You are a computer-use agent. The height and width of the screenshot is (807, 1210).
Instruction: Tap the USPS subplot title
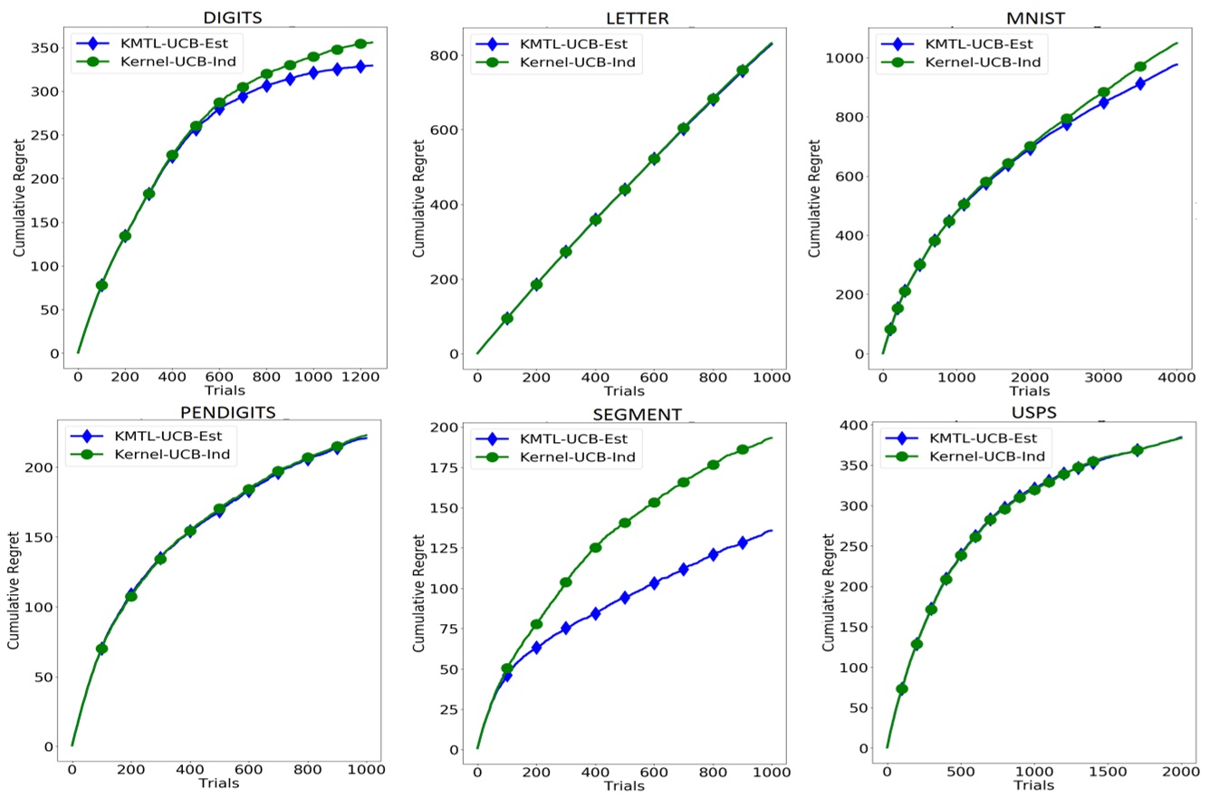click(x=1033, y=413)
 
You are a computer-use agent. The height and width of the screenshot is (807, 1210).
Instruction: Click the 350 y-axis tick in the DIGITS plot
click(x=45, y=48)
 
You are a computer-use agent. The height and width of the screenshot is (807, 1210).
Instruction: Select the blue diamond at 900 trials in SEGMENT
click(x=743, y=543)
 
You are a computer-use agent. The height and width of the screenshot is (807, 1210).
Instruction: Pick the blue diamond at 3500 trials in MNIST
click(x=1140, y=83)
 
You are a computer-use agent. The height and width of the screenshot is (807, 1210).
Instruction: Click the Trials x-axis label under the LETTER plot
click(x=624, y=391)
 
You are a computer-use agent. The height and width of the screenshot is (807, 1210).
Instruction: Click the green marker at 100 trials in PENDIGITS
click(x=101, y=648)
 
